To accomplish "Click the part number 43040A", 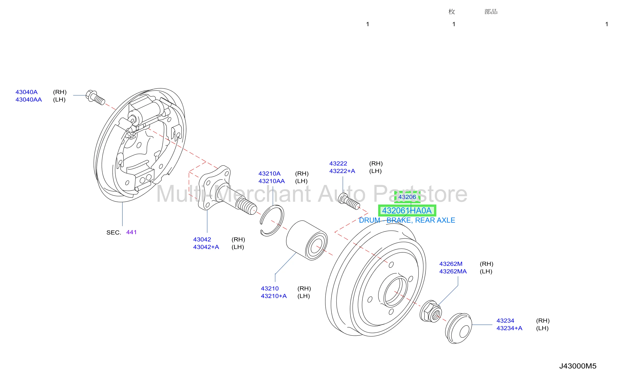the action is tap(27, 92).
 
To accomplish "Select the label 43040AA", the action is tap(29, 100).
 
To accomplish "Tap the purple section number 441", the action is tap(132, 232).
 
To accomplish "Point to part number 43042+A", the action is tap(206, 247).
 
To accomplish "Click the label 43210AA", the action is tap(272, 181).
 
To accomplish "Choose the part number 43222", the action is tap(338, 164).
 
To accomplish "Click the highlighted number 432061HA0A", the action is tap(407, 211).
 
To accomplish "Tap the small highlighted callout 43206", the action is tap(407, 197).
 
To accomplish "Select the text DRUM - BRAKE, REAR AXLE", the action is tap(407, 220).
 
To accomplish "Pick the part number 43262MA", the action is tap(453, 272).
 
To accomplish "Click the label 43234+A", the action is tap(509, 328).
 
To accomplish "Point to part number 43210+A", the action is tap(274, 296).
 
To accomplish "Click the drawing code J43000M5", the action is tap(578, 366).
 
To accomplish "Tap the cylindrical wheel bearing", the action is tap(307, 240).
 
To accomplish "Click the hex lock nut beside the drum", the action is tap(431, 311).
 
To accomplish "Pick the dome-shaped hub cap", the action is tap(459, 328).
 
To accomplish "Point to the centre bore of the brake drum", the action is tap(395, 292).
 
